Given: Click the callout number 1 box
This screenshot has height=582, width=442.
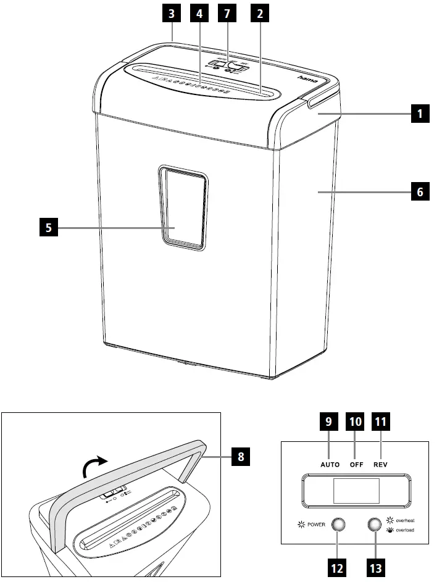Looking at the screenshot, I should [x=420, y=114].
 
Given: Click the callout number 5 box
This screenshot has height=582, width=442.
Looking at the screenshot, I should [x=48, y=228].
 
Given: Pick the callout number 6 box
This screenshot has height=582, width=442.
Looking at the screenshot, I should [x=420, y=192].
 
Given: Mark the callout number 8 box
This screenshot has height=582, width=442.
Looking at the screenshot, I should [x=241, y=457].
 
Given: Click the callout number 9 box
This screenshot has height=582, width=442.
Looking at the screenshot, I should [x=329, y=423].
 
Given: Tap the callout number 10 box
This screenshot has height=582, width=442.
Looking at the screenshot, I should [x=355, y=423].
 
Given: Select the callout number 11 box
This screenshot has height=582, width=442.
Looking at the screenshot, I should [x=381, y=423].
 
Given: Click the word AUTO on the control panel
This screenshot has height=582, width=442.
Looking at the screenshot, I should [x=330, y=464].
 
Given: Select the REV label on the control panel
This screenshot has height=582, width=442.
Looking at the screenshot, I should [x=380, y=464].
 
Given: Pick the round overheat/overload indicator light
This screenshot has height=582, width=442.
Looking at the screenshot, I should [x=374, y=525].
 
